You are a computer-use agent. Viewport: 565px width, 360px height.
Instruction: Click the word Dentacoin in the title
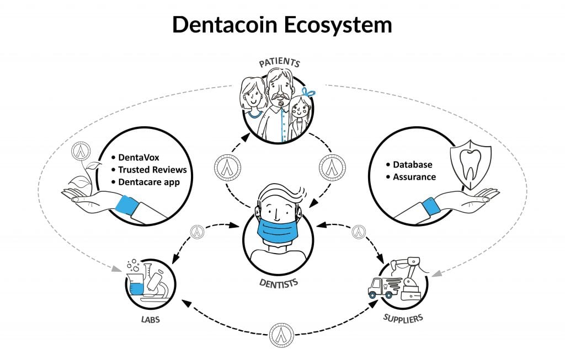coord(223,25)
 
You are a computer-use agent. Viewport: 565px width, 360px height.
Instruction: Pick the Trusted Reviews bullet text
coord(152,169)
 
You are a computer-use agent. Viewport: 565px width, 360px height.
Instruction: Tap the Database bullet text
coord(413,165)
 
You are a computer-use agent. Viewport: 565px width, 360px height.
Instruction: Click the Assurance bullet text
coord(414,177)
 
